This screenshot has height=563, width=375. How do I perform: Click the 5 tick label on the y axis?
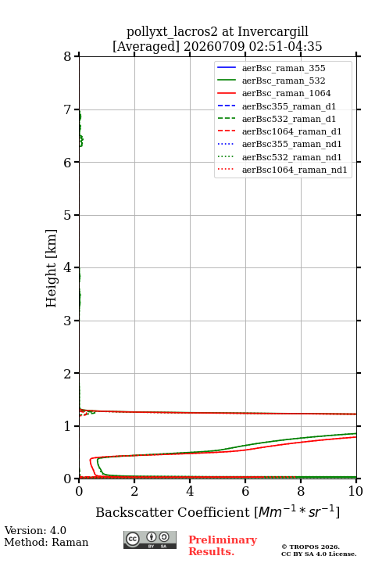coord(68,215)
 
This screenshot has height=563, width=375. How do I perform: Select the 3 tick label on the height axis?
coord(68,321)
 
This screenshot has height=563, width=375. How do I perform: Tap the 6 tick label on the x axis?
coord(245,491)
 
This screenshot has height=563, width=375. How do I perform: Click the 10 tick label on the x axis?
coord(355,491)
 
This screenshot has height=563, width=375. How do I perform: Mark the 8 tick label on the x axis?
coord(301,491)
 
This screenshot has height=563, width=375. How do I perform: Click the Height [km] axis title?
coord(52,268)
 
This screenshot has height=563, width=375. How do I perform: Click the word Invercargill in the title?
coord(273,32)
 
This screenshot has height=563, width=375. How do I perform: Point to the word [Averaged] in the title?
coord(145,47)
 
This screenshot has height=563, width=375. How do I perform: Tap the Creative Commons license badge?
coord(150,540)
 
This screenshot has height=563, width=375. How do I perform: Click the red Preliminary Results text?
coord(223,546)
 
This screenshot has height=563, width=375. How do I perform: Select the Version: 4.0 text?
coord(35,530)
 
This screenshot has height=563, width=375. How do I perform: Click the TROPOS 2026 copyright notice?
coord(311,547)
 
